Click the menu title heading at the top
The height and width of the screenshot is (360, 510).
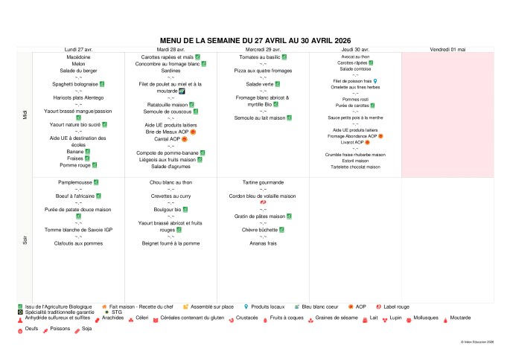[x=255, y=41]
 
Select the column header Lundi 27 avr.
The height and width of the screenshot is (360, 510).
[x=78, y=49]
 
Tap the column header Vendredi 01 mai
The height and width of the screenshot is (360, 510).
[x=447, y=49]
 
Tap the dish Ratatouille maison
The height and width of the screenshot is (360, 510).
[x=168, y=105]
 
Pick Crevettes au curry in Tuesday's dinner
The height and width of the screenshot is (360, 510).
[x=171, y=195]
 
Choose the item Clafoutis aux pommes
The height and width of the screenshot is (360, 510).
[x=78, y=243]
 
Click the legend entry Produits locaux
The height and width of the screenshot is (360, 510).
[x=268, y=306]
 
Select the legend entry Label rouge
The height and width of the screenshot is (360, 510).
[x=399, y=306]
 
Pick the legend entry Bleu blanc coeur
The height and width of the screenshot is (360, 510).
[x=322, y=306]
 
